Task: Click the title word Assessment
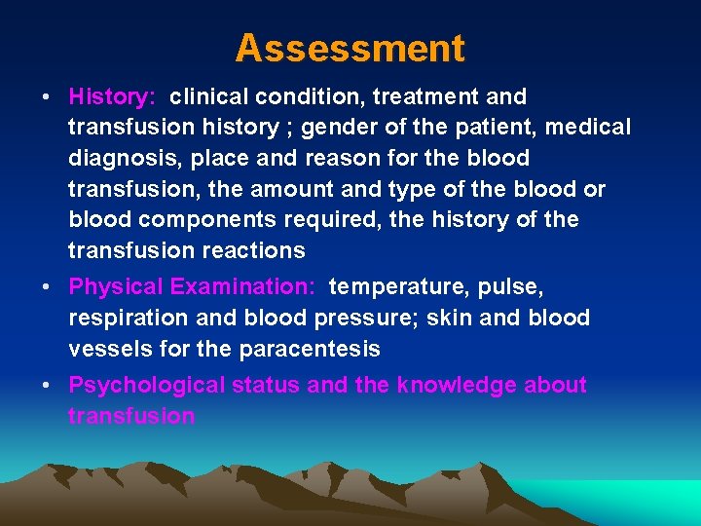[x=350, y=47]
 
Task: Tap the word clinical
[x=208, y=96]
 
